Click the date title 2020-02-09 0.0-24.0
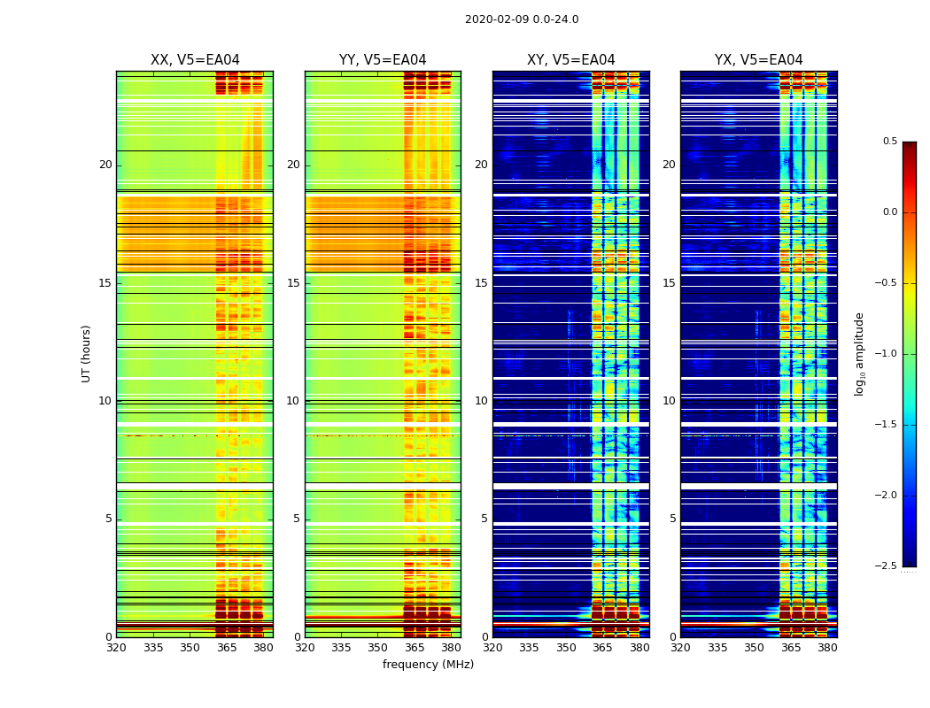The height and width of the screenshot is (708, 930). (522, 19)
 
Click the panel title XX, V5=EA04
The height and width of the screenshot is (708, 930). (195, 60)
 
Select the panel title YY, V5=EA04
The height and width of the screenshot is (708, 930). (383, 60)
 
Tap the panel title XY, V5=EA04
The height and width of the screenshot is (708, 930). (570, 60)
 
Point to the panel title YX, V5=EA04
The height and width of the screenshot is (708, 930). (758, 60)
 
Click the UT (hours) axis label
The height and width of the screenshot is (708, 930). (87, 353)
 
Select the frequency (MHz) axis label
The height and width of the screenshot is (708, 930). (428, 665)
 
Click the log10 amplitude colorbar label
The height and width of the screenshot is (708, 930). (859, 353)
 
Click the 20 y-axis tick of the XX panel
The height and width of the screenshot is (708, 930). (105, 165)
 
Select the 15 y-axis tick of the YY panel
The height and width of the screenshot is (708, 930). (293, 283)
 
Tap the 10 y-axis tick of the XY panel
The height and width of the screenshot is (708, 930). (481, 401)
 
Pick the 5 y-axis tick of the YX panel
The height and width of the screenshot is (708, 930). (672, 519)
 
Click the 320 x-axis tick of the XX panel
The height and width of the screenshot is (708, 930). (116, 648)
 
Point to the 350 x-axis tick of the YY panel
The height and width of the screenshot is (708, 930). (378, 648)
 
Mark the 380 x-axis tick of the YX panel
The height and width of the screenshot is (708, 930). (827, 648)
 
